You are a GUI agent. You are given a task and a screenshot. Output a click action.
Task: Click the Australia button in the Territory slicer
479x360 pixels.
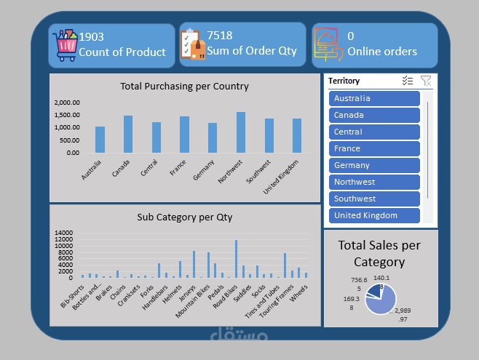coord(374,99)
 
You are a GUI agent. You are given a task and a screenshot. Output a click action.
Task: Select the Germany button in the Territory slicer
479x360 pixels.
coord(374,166)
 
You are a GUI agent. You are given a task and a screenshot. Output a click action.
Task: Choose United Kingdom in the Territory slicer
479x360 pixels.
coord(374,216)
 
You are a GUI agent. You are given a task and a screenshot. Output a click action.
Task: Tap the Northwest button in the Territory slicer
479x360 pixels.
coord(374,183)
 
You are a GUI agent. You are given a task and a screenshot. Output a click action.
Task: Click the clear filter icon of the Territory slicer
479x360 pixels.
coord(426,81)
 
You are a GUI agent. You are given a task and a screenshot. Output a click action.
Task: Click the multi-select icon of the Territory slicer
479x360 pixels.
coord(408,81)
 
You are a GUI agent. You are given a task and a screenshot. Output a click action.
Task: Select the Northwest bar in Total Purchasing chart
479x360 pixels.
coord(241,132)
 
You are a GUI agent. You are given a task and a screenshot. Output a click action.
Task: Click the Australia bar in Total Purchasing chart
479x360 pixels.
coord(100,140)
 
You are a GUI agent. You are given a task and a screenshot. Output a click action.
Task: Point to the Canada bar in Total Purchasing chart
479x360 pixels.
coord(128,135)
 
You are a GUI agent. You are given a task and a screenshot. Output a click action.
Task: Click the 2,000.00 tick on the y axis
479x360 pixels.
coord(67,103)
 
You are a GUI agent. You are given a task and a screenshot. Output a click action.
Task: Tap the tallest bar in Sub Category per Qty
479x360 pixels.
coord(236,259)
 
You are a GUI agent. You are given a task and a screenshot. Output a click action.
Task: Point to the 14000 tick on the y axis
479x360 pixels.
coord(64,233)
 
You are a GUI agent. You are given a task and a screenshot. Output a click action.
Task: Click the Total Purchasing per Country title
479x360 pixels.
coord(184,87)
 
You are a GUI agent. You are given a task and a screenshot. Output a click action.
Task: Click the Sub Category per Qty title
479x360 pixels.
coord(184,217)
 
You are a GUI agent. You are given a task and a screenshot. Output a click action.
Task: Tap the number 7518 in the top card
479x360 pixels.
coord(220,36)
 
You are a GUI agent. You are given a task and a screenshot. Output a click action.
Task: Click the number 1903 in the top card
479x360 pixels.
coord(91,36)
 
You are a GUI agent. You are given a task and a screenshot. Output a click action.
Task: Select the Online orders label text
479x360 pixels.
coord(382,52)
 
